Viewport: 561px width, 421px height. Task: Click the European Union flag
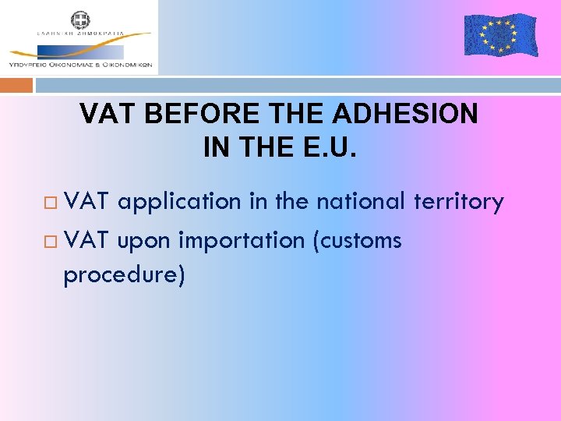point(500,35)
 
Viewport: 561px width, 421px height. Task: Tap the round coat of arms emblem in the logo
point(80,19)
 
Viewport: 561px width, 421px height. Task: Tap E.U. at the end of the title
point(330,147)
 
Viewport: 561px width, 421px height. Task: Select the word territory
point(459,203)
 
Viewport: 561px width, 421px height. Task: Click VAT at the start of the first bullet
point(88,203)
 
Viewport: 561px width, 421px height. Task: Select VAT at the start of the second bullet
point(88,241)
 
